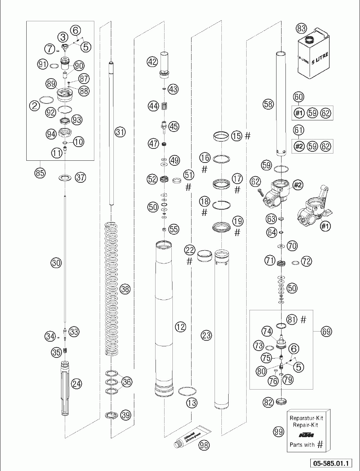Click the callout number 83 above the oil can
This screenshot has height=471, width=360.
[x=301, y=28]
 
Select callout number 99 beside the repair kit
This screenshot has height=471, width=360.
[x=278, y=432]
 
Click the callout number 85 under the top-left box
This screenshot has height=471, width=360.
[x=40, y=173]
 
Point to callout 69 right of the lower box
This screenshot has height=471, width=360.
[x=326, y=331]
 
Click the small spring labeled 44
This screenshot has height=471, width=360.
[x=164, y=106]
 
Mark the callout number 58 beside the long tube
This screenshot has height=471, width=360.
[x=269, y=105]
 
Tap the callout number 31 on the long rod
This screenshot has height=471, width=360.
[x=120, y=132]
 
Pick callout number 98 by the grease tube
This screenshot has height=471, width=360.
[x=204, y=445]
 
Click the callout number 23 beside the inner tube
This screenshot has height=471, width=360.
[x=206, y=336]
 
